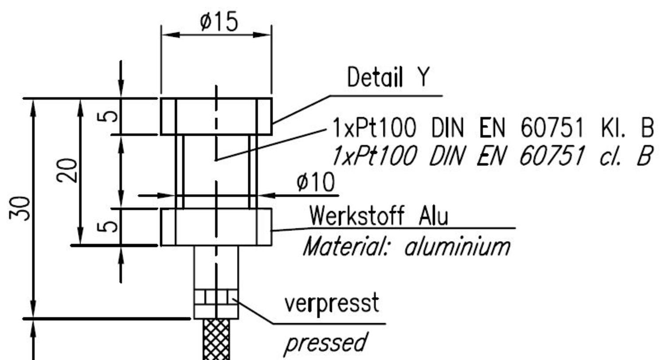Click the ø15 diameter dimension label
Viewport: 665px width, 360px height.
click(219, 22)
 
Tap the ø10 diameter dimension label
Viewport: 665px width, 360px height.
click(316, 182)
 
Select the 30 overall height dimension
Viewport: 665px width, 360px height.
click(21, 208)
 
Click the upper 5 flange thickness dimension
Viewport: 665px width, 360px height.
click(109, 116)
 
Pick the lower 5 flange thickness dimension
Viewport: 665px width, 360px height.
click(109, 227)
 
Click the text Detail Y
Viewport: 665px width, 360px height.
click(388, 78)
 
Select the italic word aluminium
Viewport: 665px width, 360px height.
click(457, 247)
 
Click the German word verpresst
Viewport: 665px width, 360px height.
click(332, 304)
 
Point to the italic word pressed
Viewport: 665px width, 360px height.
click(325, 343)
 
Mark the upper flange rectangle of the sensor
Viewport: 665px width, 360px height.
click(216, 116)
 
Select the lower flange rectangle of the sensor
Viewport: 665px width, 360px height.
click(216, 227)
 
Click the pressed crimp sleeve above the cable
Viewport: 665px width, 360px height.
click(216, 304)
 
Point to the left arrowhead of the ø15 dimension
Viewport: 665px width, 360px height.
click(168, 35)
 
